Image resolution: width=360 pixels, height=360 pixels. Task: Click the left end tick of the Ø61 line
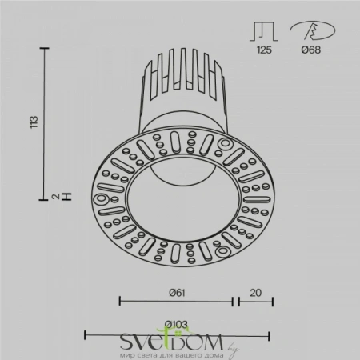[x=119, y=302]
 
